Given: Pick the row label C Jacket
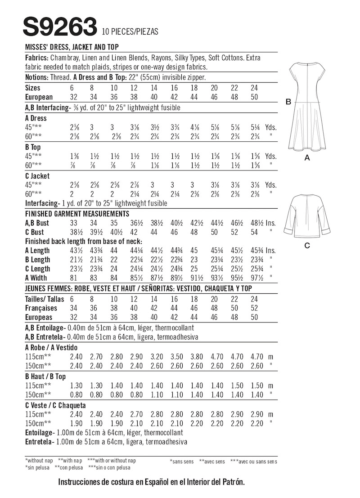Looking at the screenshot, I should click(x=38, y=176).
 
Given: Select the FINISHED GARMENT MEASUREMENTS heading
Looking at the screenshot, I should click(x=77, y=213).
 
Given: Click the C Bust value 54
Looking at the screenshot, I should click(x=254, y=232).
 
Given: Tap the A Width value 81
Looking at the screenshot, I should click(x=75, y=278).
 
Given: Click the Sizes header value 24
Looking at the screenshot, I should click(x=254, y=88).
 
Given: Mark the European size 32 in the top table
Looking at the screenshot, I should click(x=75, y=97).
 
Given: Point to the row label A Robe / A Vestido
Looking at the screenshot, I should click(x=52, y=348).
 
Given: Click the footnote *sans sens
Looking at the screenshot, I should click(x=181, y=461).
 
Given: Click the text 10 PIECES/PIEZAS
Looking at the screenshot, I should click(x=130, y=32).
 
